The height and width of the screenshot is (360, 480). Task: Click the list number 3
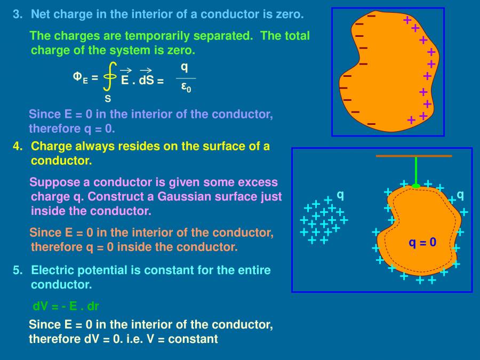17,14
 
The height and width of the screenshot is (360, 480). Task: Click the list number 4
17,146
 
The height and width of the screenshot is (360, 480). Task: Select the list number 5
17,270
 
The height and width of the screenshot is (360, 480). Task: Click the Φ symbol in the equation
77,77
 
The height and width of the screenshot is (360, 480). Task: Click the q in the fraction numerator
185,67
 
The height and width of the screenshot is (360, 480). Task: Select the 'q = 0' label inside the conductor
422,243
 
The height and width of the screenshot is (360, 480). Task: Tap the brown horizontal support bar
414,156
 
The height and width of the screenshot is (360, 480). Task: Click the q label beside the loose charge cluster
340,195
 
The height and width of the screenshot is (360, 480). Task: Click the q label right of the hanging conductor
460,195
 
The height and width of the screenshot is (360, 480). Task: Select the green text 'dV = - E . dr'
66,307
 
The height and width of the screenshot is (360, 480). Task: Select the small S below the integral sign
108,99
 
